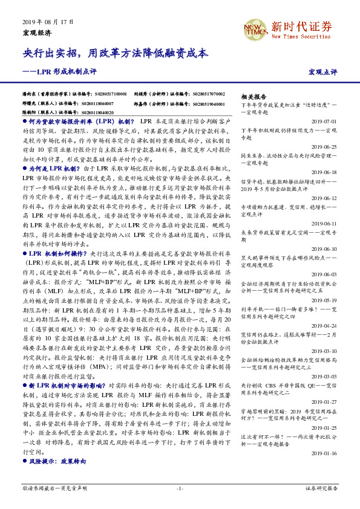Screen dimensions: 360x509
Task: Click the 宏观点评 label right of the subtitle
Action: [322, 72]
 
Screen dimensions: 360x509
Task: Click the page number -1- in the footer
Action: [180, 488]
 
